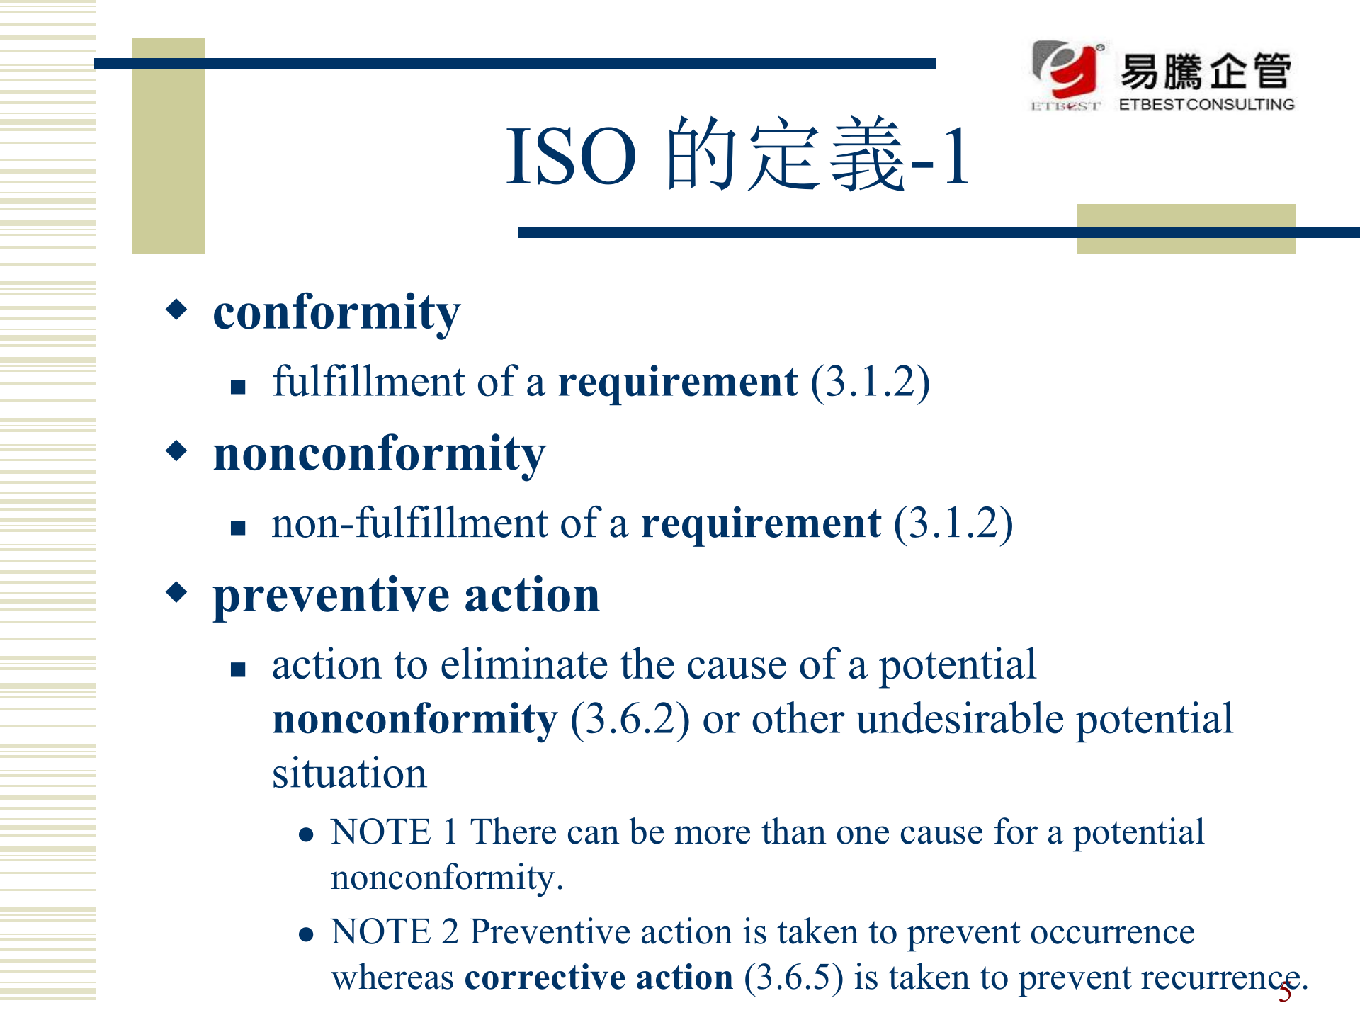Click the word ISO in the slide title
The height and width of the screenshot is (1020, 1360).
point(571,157)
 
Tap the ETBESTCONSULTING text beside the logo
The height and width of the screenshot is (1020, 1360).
point(1206,104)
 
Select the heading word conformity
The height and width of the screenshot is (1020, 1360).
point(336,313)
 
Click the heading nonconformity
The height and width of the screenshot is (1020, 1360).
point(380,454)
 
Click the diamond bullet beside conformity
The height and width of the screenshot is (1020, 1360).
point(176,309)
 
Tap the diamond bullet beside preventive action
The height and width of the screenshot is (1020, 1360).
point(176,591)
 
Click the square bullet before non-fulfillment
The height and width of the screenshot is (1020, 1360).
point(238,527)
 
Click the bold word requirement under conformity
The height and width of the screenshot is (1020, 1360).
point(678,383)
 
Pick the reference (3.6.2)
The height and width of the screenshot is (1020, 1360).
point(630,720)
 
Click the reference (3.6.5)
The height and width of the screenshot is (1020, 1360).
point(793,978)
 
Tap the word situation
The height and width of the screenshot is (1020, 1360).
point(349,773)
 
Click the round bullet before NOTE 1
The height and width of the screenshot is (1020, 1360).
point(306,835)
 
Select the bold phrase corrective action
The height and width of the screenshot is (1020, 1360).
point(599,978)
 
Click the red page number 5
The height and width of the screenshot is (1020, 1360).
point(1285,993)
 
